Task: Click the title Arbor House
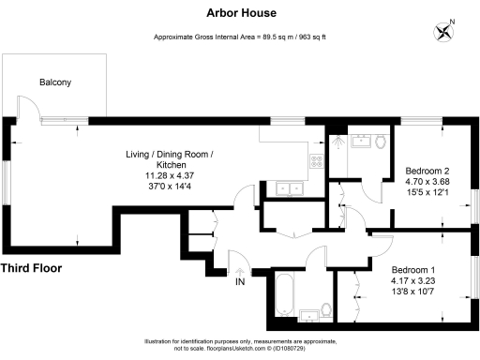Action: pos(239,14)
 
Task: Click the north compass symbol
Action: pos(443,31)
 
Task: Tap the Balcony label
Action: pos(54,82)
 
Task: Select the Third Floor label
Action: pos(31,268)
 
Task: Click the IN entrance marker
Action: pos(240,281)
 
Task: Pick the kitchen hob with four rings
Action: pos(318,159)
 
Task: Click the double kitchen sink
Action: pos(283,187)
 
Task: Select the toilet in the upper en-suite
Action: pos(380,143)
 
